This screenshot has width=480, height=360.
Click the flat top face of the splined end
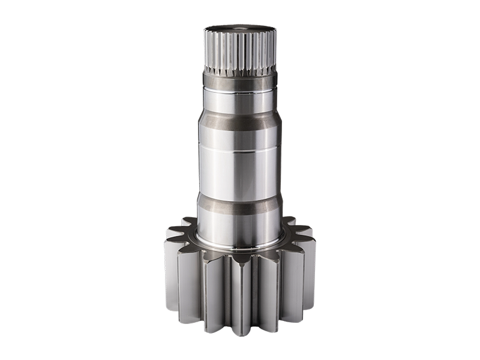coord(239,28)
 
